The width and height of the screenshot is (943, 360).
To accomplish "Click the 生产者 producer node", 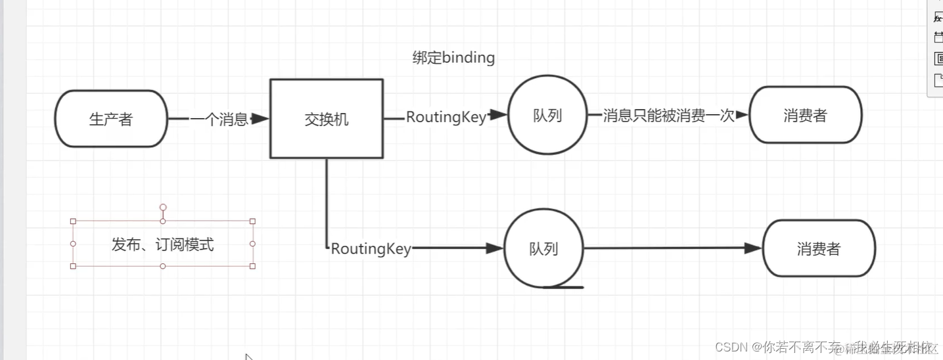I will tap(111, 119).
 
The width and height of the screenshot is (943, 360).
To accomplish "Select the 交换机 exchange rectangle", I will tap(327, 119).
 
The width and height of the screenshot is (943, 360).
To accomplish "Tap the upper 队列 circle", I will tap(547, 116).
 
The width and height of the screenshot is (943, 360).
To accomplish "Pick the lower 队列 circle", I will tap(543, 249).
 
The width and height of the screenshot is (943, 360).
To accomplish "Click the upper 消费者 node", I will tap(805, 116).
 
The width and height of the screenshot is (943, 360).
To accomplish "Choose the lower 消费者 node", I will tap(819, 249).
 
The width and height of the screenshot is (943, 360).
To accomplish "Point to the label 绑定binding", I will tap(453, 58).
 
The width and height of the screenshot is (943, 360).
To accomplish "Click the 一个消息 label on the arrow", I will tap(219, 119).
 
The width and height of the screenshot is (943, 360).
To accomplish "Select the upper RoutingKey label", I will tap(446, 117).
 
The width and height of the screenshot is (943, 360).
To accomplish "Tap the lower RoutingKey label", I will tap(371, 249).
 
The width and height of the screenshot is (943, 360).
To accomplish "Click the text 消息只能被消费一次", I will tap(668, 116).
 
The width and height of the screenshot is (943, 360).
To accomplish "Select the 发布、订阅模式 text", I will tap(162, 245).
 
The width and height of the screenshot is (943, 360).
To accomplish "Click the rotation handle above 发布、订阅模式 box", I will tap(163, 208).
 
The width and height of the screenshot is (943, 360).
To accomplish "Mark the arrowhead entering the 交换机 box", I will tap(261, 119).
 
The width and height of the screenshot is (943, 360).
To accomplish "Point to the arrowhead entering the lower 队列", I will tap(494, 248).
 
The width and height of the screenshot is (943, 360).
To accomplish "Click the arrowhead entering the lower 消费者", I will tap(753, 248).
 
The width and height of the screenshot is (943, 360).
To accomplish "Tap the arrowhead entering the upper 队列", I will tap(499, 115).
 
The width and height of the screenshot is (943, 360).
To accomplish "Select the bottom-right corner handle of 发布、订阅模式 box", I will tap(252, 266).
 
